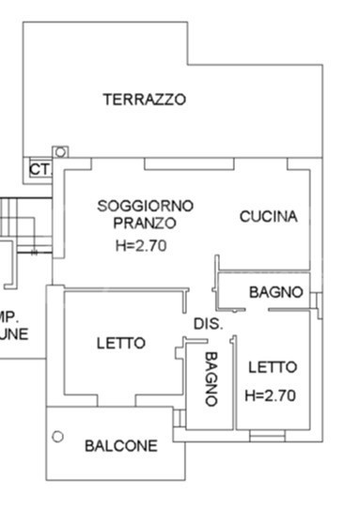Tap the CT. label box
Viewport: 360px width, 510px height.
click(x=39, y=169)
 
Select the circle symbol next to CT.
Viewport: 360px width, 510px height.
click(x=61, y=151)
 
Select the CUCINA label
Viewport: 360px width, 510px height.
click(x=268, y=216)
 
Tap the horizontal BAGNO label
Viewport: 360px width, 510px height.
click(x=275, y=292)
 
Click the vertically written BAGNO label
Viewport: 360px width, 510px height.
click(x=211, y=378)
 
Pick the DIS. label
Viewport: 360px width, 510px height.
click(x=208, y=324)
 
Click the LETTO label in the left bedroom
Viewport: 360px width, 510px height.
click(x=121, y=344)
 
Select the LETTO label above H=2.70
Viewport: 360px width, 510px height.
click(x=273, y=366)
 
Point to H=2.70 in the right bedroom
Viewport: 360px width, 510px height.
click(x=270, y=395)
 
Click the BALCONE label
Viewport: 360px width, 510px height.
click(x=121, y=446)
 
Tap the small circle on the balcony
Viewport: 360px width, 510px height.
click(x=57, y=436)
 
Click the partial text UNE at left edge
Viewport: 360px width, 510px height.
click(x=14, y=333)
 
